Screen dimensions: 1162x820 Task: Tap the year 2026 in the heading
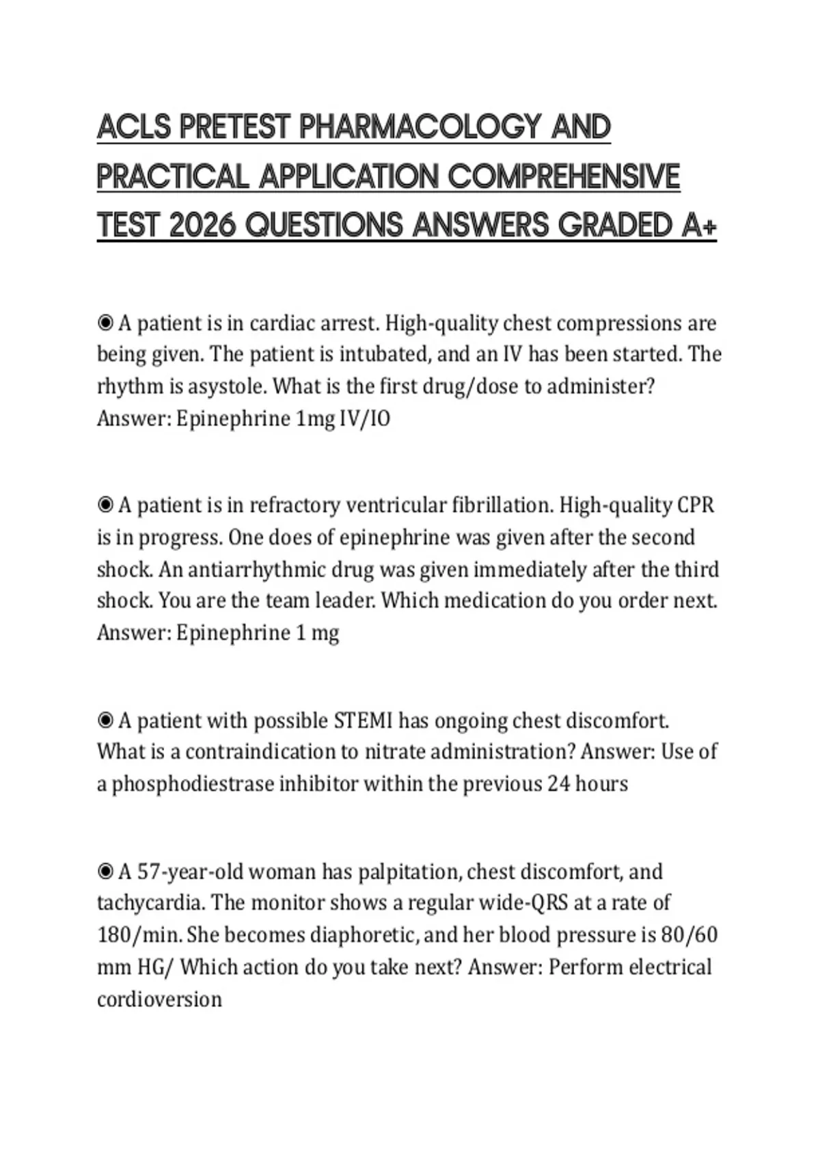tap(202, 226)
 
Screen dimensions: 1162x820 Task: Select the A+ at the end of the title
tap(699, 226)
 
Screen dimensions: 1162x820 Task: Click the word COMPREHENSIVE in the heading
tap(564, 177)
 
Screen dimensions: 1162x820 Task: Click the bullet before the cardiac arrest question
tap(105, 322)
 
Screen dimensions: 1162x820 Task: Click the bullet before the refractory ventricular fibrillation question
tap(105, 504)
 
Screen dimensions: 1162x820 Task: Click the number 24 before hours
tap(558, 783)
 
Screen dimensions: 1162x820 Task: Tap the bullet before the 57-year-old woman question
tap(105, 871)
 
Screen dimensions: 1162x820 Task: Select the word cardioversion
tap(159, 999)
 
